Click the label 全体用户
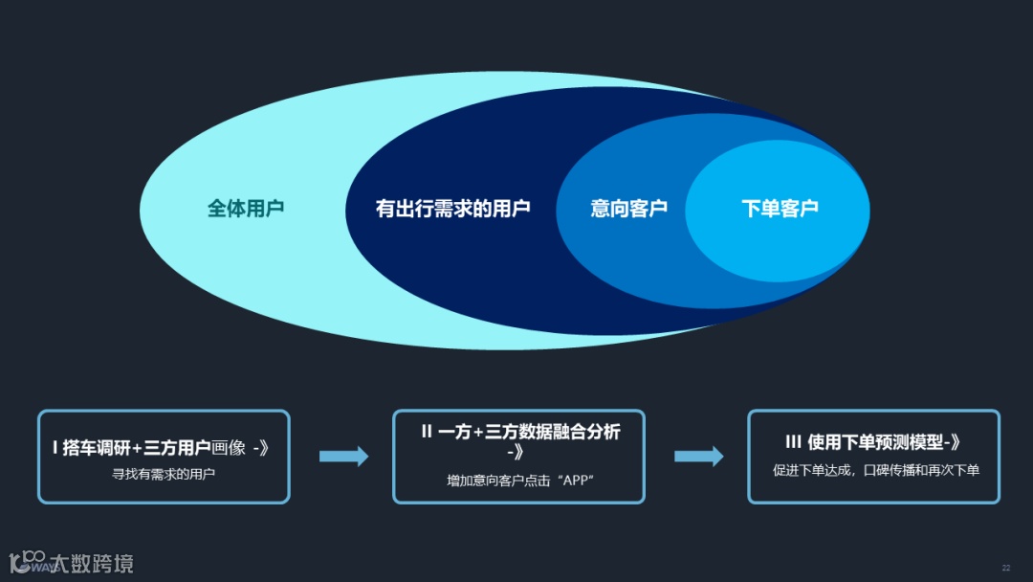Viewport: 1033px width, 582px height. (x=246, y=209)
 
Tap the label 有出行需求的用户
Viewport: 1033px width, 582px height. (x=452, y=209)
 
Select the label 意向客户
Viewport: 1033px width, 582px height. (x=628, y=209)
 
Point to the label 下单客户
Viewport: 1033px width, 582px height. (x=780, y=209)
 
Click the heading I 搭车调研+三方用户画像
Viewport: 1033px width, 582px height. (x=162, y=447)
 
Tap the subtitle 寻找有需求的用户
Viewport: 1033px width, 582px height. (x=164, y=473)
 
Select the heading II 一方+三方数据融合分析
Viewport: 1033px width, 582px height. (x=520, y=432)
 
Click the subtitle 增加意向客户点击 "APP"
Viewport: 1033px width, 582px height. (x=520, y=480)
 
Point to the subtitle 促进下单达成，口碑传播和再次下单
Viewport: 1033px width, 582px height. (x=875, y=470)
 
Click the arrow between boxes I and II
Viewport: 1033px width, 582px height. (x=343, y=457)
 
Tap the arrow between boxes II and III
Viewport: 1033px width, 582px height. (x=698, y=457)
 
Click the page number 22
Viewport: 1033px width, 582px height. (x=1005, y=569)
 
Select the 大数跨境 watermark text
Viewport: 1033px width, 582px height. (x=92, y=563)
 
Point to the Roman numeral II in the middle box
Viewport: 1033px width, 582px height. (x=428, y=432)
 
